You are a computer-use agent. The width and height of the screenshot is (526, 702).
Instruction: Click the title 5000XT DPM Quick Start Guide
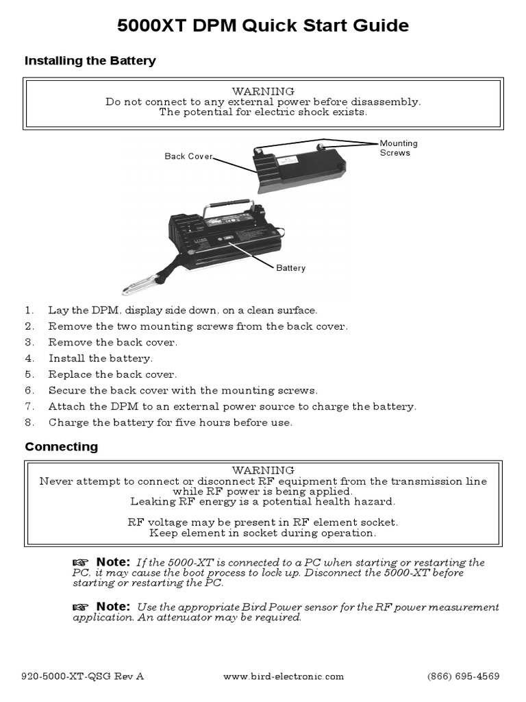(x=263, y=26)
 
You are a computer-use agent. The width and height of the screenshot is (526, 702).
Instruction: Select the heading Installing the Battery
(x=90, y=61)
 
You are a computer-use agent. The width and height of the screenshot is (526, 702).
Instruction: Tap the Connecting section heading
(x=61, y=447)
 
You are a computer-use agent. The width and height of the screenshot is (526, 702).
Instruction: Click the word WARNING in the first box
(x=263, y=91)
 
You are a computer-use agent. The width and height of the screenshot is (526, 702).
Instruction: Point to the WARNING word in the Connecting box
(x=263, y=470)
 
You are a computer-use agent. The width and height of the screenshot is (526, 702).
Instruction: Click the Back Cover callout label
(x=188, y=157)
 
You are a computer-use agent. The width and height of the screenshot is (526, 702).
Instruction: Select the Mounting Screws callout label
(x=398, y=148)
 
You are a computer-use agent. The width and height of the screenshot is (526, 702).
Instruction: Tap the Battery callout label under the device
(x=290, y=268)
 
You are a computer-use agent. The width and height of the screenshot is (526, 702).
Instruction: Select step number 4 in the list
(x=29, y=359)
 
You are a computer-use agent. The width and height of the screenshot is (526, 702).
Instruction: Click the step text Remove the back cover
(x=112, y=342)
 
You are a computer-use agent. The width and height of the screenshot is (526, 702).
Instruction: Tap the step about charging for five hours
(x=170, y=423)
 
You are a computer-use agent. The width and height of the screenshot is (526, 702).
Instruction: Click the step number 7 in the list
(x=29, y=407)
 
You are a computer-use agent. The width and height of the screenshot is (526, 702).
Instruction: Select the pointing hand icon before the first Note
(x=81, y=563)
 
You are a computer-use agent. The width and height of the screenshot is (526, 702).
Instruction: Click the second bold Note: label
(x=112, y=607)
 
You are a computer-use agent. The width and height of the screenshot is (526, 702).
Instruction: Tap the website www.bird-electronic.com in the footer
(x=284, y=676)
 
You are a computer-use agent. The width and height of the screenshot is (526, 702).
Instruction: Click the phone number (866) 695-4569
(x=463, y=676)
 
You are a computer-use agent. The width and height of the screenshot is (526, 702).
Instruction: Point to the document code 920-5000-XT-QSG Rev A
(x=83, y=676)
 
